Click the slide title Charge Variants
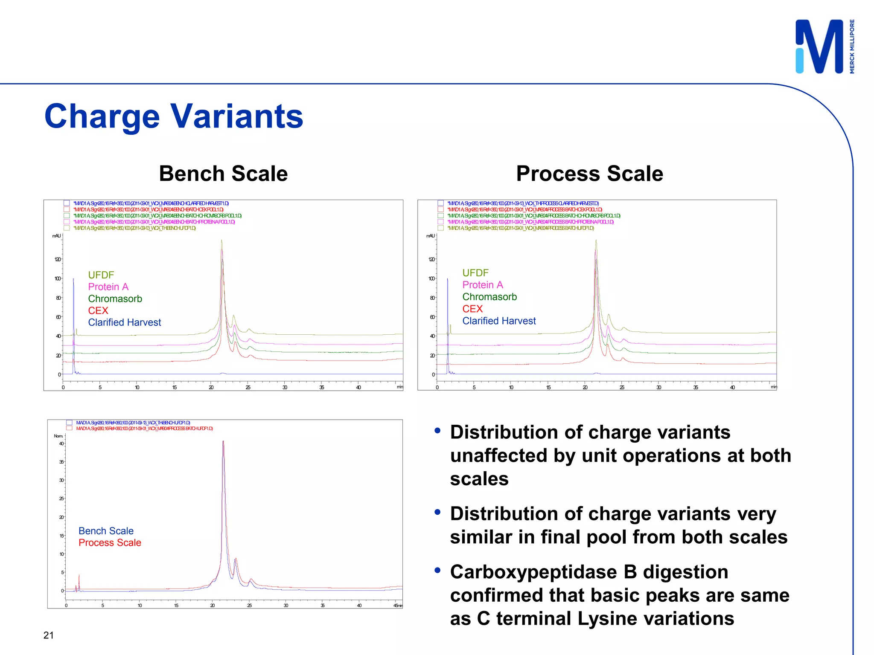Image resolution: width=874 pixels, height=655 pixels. [173, 116]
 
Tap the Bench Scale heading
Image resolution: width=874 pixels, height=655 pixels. [223, 174]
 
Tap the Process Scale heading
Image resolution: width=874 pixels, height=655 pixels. [589, 174]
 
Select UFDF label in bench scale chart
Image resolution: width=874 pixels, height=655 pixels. [101, 275]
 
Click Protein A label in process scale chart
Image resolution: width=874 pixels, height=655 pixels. [482, 285]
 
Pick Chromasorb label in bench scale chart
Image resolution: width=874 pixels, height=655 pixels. [115, 299]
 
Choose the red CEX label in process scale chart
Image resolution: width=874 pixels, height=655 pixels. [472, 309]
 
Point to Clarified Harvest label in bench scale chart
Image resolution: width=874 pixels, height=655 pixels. [124, 322]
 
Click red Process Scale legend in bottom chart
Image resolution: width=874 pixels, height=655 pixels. [110, 542]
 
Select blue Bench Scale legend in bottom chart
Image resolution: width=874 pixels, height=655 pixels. [106, 531]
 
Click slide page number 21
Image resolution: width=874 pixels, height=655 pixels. [49, 635]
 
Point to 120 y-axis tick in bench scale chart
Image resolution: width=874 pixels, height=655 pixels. [57, 259]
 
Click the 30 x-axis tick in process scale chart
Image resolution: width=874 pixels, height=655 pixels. [658, 387]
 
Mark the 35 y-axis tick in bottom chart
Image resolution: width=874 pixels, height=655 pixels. [61, 462]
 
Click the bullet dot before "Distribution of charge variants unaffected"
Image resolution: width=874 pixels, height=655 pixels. [437, 431]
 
